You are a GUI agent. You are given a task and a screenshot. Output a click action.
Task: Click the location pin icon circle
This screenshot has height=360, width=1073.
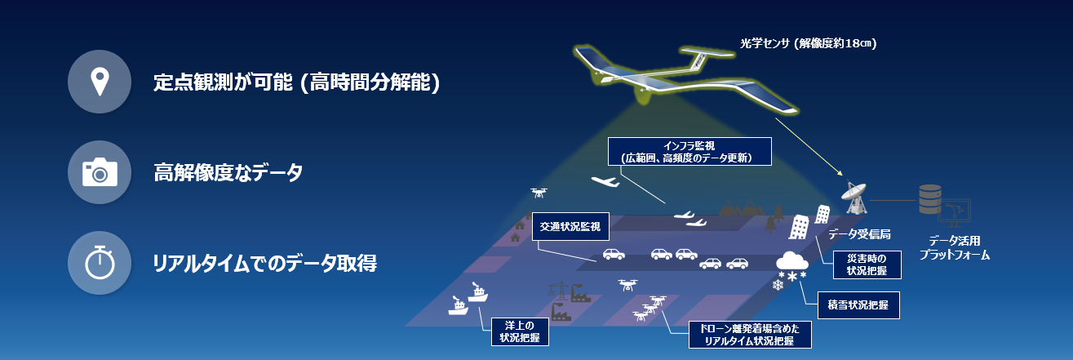pyautogui.click(x=100, y=82)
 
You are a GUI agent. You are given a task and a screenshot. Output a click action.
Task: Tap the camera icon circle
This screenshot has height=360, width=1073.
pyautogui.click(x=100, y=172)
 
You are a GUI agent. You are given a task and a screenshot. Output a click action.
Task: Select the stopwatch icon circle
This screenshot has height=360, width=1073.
pyautogui.click(x=100, y=263)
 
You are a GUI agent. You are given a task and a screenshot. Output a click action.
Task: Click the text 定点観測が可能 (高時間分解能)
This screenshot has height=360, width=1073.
pyautogui.click(x=297, y=82)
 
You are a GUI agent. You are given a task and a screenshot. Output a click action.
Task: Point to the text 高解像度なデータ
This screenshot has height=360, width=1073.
pyautogui.click(x=228, y=173)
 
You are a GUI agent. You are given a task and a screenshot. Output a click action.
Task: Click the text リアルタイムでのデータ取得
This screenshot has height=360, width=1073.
pyautogui.click(x=265, y=264)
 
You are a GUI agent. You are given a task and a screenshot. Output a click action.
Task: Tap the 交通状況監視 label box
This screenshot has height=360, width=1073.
pyautogui.click(x=570, y=227)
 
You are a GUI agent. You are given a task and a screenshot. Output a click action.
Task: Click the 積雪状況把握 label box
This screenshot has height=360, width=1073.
pyautogui.click(x=858, y=304)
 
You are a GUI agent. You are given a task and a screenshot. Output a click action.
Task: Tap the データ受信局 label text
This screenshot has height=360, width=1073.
pyautogui.click(x=859, y=234)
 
